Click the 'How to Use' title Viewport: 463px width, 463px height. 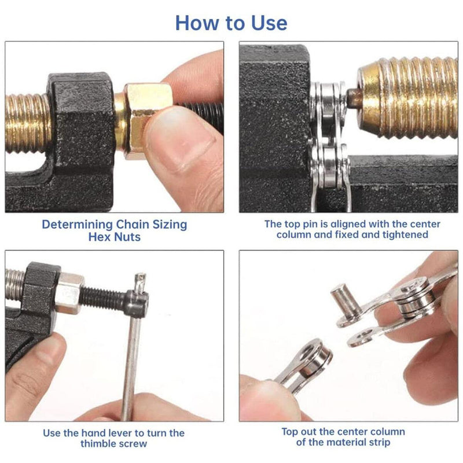click(x=231, y=23)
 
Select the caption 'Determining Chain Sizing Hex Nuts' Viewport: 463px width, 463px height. click(x=114, y=230)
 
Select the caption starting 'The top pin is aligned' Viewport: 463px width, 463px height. click(x=352, y=229)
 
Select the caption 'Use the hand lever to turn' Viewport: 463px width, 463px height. click(x=114, y=438)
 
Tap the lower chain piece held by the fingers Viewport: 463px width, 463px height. click(x=304, y=365)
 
